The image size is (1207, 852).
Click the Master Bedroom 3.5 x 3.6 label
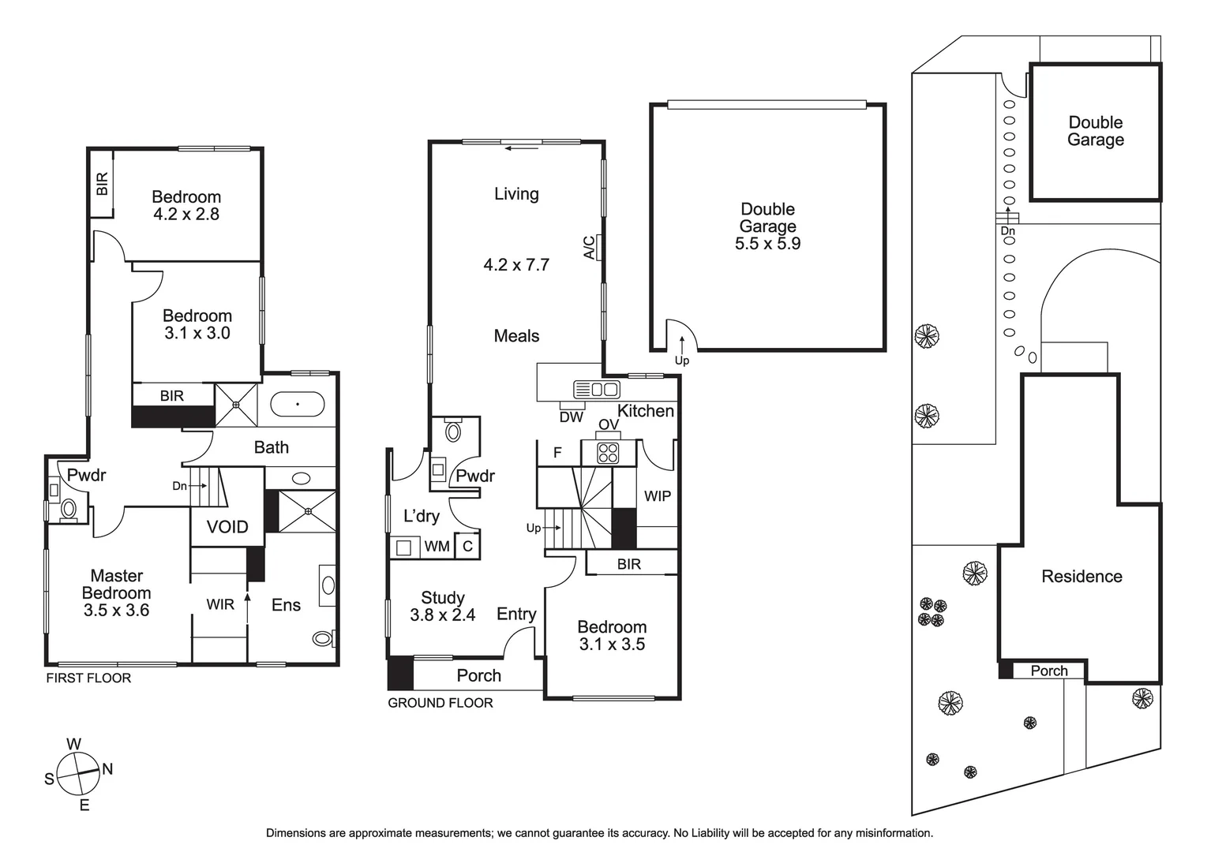pyautogui.click(x=116, y=593)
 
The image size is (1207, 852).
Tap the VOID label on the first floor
pyautogui.click(x=227, y=527)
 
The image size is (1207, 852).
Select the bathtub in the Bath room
pyautogui.click(x=297, y=404)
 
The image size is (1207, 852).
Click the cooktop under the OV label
pyautogui.click(x=608, y=452)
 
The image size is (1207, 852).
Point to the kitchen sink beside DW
pyautogui.click(x=597, y=389)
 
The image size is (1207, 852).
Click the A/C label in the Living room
pyautogui.click(x=590, y=248)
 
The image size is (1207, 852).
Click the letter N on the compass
pyautogui.click(x=107, y=769)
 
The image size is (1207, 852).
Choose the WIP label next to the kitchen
pyautogui.click(x=657, y=496)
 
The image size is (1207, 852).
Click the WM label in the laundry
pyautogui.click(x=437, y=546)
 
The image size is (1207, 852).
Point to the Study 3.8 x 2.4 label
pyautogui.click(x=442, y=607)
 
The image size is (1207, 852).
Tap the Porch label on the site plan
pyautogui.click(x=1048, y=671)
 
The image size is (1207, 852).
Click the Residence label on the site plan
pyautogui.click(x=1081, y=577)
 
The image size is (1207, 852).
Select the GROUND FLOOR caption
pyautogui.click(x=440, y=703)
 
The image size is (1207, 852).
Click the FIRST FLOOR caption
pyautogui.click(x=88, y=678)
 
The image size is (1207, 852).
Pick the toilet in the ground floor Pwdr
pyautogui.click(x=453, y=431)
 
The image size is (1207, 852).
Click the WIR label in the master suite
pyautogui.click(x=220, y=604)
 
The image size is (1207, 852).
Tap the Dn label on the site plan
pyautogui.click(x=1007, y=231)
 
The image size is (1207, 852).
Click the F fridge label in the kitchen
pyautogui.click(x=557, y=453)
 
